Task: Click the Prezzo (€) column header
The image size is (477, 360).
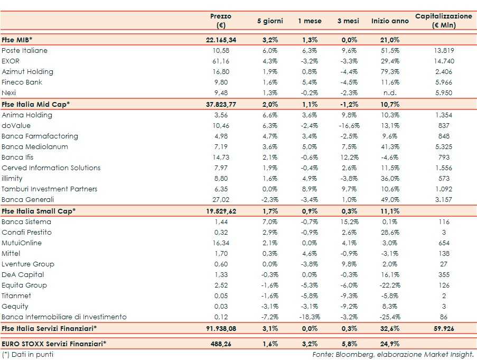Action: pos(220,21)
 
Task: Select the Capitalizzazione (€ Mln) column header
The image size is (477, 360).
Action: pos(443,21)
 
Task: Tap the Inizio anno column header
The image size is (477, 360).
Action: pos(390,21)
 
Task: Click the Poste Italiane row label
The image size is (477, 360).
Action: pos(24,51)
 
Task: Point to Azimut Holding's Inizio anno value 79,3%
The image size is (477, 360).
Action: pos(390,72)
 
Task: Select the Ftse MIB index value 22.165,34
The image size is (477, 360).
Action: pos(220,40)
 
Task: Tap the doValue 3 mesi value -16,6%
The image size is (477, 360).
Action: pos(348,126)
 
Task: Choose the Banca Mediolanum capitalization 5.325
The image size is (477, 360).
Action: pos(443,147)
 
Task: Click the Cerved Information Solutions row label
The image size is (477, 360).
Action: pos(51,168)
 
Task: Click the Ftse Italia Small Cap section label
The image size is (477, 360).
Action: pos(39,211)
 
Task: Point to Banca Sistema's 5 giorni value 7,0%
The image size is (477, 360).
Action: pos(270,222)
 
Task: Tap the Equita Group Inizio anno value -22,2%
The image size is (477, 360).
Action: pos(390,285)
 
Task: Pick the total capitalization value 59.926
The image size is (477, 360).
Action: pos(443,329)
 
